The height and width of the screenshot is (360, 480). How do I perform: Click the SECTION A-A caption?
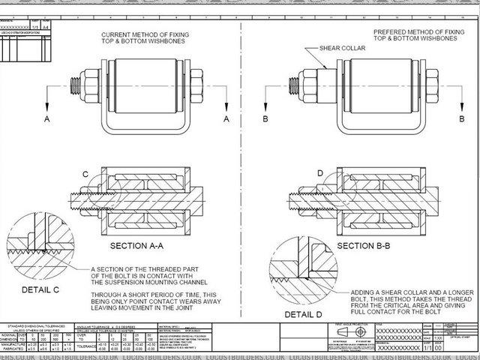pos(142,246)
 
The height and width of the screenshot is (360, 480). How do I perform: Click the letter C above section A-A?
pos(85,175)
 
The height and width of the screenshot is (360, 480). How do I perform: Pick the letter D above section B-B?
pos(321,174)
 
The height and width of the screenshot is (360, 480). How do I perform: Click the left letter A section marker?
pos(46,119)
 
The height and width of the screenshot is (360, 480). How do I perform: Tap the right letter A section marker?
pos(226,119)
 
